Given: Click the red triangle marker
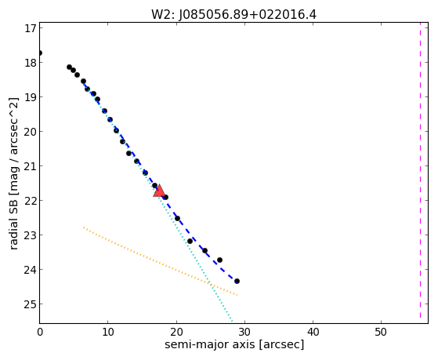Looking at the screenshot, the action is coord(159,191).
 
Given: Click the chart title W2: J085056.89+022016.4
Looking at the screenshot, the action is coord(233,14).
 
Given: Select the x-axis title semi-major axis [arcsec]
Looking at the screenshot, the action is coord(234,344).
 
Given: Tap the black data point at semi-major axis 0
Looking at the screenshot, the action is coord(40,53).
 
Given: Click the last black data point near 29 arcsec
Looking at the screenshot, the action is coord(237,281).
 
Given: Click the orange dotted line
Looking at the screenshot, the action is coord(161,261).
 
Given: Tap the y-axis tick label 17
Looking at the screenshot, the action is coord(31,28).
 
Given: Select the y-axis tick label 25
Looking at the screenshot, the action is coord(31,304).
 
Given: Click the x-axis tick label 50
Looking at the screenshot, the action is coord(381,332).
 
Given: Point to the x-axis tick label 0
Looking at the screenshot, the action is coord(40,332).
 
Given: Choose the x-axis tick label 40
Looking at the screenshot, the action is coord(313,332).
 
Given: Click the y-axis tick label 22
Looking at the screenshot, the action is coord(31,201).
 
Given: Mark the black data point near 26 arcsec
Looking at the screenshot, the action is coord(219,260).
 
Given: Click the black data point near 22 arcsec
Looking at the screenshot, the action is coord(190,241).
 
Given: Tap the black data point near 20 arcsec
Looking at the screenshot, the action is coord(177,219).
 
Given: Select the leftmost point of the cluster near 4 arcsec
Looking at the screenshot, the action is coord(69,67).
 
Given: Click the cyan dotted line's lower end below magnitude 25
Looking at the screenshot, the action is coord(232,321).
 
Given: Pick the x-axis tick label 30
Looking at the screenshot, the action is coord(244,332).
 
